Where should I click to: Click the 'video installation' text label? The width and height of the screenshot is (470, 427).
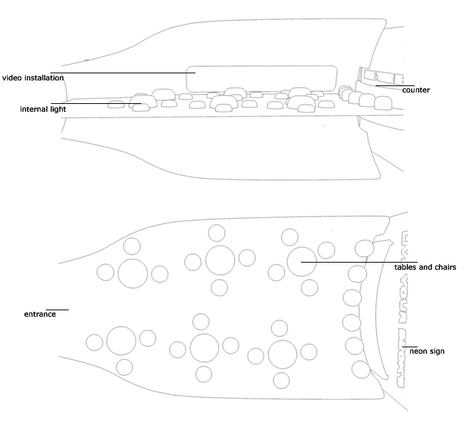[x=33, y=78]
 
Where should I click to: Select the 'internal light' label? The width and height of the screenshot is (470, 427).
[x=43, y=110]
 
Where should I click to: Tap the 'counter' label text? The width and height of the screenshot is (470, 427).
[x=416, y=90]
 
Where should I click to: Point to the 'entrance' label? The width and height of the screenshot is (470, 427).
[x=40, y=314]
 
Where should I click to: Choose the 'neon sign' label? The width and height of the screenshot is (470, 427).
[x=427, y=351]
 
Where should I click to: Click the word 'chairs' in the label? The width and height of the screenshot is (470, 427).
[x=444, y=268]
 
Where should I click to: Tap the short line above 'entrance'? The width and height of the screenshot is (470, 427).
[x=57, y=310]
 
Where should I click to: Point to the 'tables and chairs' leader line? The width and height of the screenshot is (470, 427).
[x=356, y=262]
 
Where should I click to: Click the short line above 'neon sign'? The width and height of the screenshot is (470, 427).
[x=409, y=347]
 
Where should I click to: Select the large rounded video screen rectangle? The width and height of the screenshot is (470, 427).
[x=262, y=78]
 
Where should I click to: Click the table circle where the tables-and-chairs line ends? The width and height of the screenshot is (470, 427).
[x=302, y=262]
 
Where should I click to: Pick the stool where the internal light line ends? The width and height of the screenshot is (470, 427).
[x=141, y=107]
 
